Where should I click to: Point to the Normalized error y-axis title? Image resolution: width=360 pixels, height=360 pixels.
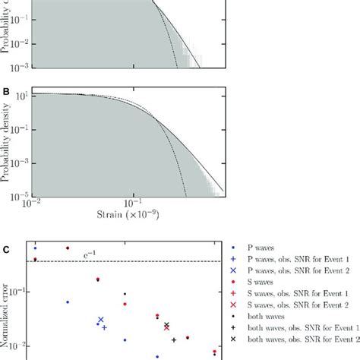click(x=7, y=304)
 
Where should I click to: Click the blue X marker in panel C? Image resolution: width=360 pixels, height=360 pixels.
click(x=100, y=321)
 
